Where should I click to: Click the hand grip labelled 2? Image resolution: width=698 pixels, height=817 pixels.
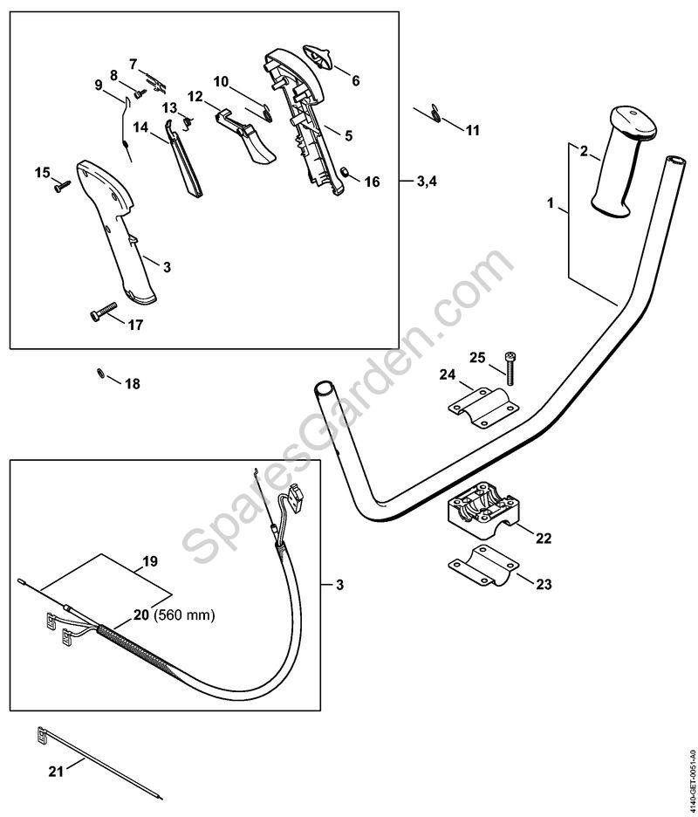619,161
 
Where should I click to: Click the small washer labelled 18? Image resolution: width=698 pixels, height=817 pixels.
101,375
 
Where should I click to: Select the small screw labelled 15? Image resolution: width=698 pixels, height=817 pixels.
60,184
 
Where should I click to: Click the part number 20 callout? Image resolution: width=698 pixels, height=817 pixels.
140,615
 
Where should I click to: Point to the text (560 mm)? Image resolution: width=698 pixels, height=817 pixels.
184,615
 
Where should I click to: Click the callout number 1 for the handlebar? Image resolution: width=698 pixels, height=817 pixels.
551,203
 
